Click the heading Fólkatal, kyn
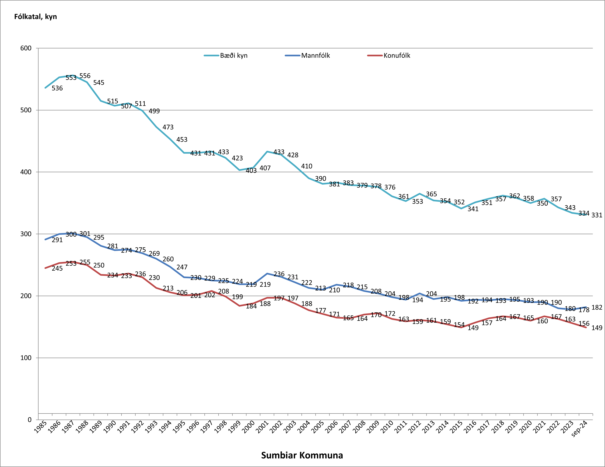tap(35, 17)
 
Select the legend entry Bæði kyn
tap(226, 56)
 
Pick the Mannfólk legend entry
tap(307, 56)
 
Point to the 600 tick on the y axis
tap(26, 48)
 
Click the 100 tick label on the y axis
tap(26, 358)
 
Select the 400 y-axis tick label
tap(26, 172)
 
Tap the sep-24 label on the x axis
tap(580, 428)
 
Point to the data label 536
tap(57, 88)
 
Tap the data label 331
tap(597, 215)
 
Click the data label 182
tap(597, 307)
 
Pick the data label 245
tap(57, 269)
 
